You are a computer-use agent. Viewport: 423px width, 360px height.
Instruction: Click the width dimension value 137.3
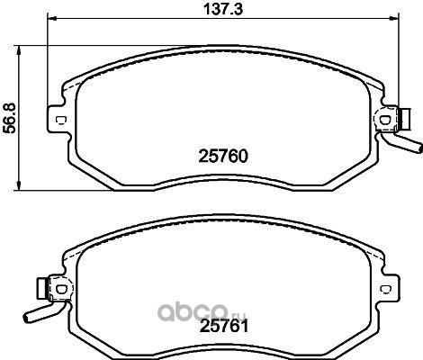pos(223,9)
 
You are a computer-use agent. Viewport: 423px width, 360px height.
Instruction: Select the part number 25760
pos(223,157)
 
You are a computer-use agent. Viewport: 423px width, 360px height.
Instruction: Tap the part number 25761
pos(224,326)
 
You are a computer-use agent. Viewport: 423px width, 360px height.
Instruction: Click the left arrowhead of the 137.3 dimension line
pos(52,19)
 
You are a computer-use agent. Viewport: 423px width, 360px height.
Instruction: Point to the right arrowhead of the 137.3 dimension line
pos(394,19)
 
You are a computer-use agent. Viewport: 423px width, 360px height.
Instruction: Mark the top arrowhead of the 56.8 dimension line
pos(19,50)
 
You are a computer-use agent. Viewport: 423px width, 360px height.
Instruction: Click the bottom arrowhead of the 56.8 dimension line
pos(19,185)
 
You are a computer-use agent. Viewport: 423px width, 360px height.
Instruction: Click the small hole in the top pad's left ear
pos(61,120)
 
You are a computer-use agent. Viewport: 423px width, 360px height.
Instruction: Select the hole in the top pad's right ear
pos(385,120)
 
